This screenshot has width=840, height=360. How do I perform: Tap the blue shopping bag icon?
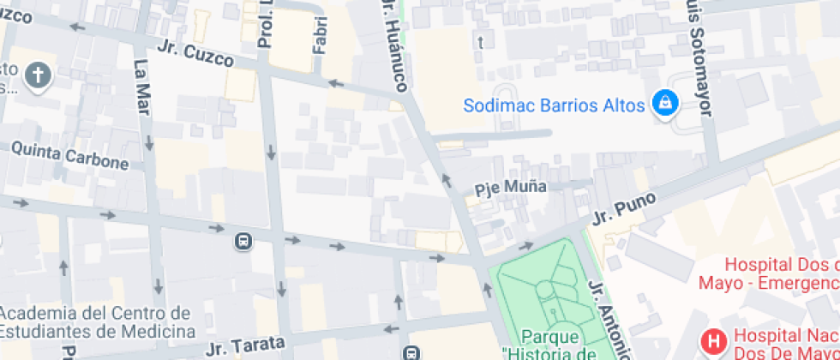pos(664,105)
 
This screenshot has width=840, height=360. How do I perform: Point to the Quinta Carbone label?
pos(69,157)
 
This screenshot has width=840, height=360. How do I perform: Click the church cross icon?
pos(38,76)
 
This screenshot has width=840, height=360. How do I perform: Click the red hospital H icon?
pos(712,343)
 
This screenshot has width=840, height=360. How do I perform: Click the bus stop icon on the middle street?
pos(243,242)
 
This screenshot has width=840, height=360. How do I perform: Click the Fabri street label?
pos(320,35)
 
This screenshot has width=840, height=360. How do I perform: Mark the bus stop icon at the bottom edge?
pos(412,352)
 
